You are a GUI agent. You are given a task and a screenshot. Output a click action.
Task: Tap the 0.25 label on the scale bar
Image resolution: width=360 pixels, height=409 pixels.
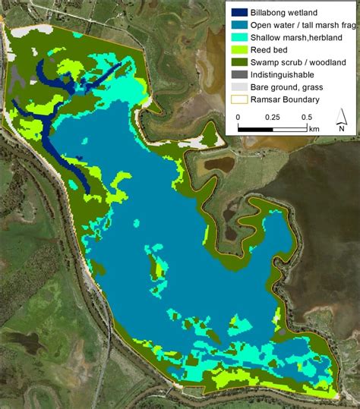click(x=273, y=118)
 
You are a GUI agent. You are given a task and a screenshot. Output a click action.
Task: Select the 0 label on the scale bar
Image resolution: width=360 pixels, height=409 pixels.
click(x=238, y=118)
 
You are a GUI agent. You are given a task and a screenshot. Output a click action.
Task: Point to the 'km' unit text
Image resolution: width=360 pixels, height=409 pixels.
click(x=314, y=130)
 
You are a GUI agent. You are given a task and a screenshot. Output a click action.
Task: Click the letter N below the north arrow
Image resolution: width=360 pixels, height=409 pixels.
click(x=342, y=128)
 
